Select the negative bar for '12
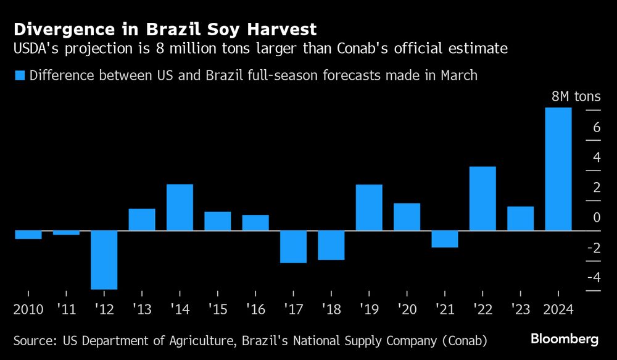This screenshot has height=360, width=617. pyautogui.click(x=104, y=259)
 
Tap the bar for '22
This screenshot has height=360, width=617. pyautogui.click(x=482, y=198)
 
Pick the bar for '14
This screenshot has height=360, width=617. pyautogui.click(x=180, y=207)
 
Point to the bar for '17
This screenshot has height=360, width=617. pyautogui.click(x=293, y=246)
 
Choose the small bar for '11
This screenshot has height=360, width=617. pyautogui.click(x=66, y=233)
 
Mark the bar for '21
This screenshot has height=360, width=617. pyautogui.click(x=444, y=239)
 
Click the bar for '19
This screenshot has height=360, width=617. pyautogui.click(x=369, y=207)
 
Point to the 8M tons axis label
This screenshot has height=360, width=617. pyautogui.click(x=575, y=97)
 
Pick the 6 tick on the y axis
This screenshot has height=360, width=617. pyautogui.click(x=596, y=127)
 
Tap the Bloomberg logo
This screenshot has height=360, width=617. pyautogui.click(x=565, y=339)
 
